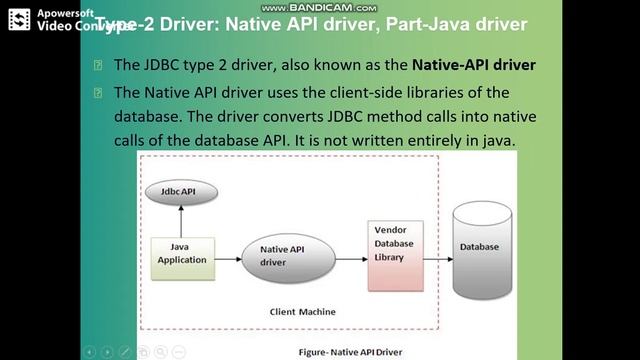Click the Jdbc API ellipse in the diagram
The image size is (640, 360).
(181, 190)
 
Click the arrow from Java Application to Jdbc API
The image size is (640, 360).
(181, 218)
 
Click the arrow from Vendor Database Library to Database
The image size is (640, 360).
(436, 247)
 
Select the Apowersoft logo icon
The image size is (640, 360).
(18, 19)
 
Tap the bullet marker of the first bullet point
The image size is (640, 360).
(97, 65)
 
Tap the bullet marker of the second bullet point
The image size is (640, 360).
(97, 92)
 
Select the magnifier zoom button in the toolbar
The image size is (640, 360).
(161, 351)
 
